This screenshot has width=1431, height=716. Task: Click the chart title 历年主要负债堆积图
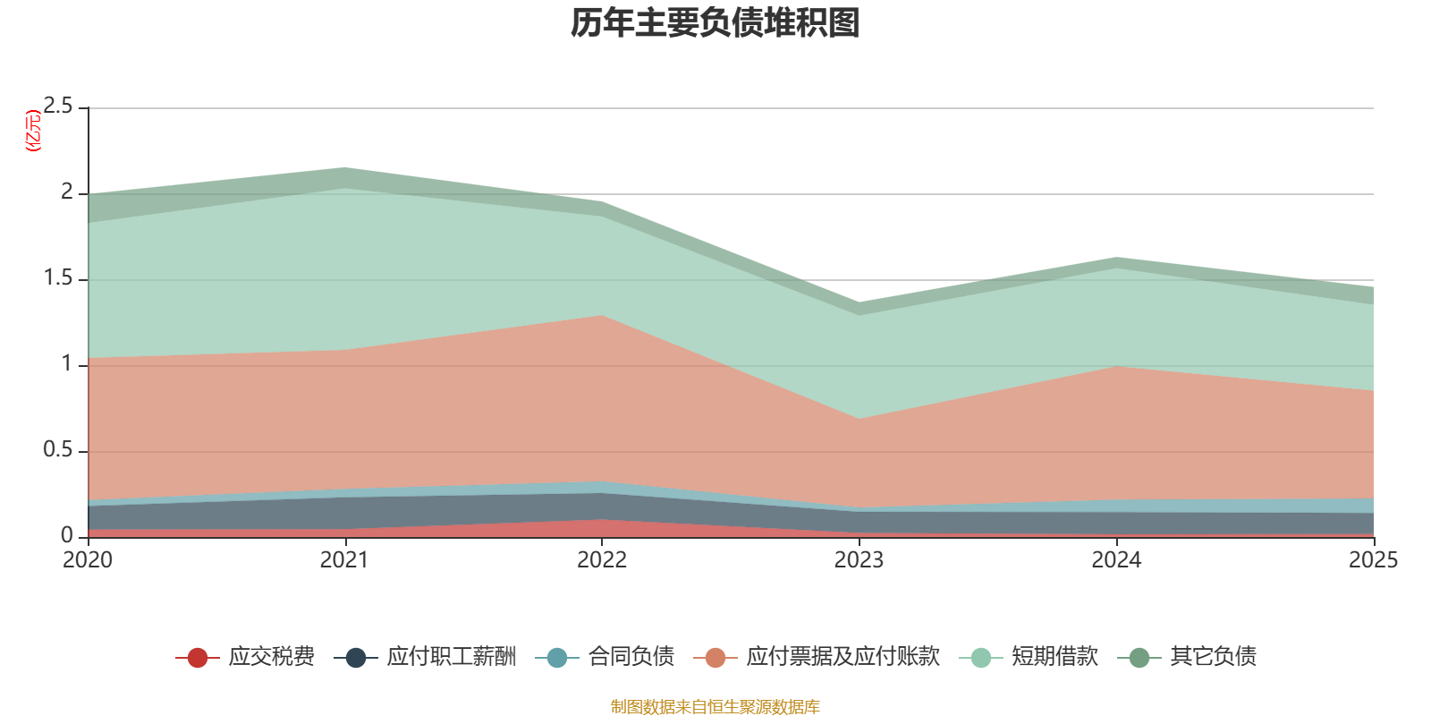(715, 23)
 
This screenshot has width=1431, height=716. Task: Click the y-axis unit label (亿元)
(34, 131)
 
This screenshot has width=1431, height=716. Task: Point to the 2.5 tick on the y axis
(59, 107)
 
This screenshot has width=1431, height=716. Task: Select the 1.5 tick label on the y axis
(59, 278)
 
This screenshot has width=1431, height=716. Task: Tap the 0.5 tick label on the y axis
(59, 450)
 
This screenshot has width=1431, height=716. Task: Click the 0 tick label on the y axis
(68, 535)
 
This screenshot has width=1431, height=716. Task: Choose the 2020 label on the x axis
(88, 560)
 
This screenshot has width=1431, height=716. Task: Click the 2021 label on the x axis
(344, 560)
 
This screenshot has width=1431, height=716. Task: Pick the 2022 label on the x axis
(602, 560)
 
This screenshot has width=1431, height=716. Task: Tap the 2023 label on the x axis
(859, 560)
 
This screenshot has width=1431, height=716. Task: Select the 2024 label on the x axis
(1116, 560)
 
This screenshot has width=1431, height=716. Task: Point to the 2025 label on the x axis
(1373, 560)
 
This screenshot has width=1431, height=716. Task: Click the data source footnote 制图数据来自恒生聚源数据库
(715, 707)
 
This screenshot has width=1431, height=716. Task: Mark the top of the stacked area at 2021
(344, 167)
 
